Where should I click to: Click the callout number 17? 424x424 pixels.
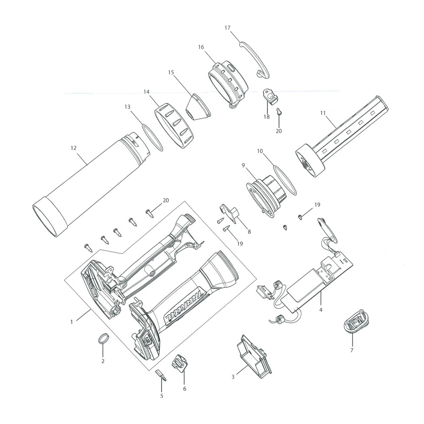(x=227, y=28)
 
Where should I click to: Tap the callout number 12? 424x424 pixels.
(x=73, y=148)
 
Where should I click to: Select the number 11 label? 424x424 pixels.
(x=323, y=113)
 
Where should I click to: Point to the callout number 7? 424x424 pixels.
(x=351, y=350)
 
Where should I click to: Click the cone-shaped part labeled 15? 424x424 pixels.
(x=198, y=108)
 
